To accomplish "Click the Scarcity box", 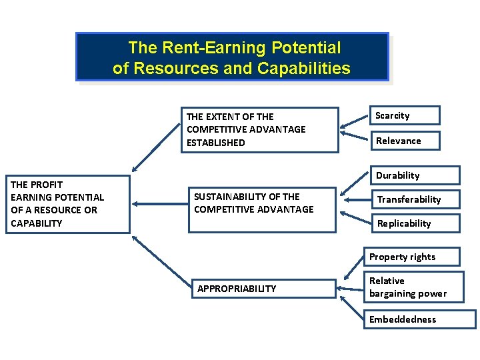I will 404,115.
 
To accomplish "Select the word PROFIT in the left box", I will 47,185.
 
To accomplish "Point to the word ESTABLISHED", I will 216,143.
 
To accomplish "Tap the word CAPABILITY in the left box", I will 37,223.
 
